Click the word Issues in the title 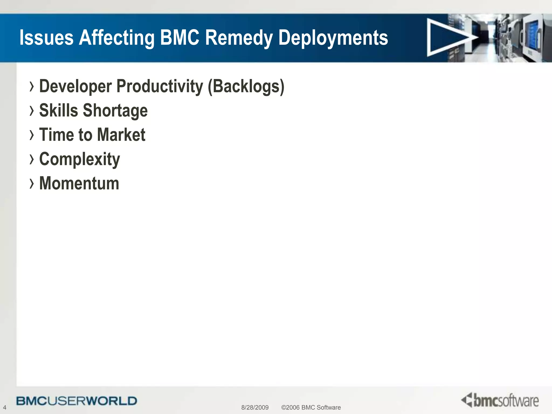tap(46, 37)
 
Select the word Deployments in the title tap(333, 38)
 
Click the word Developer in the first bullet tap(75, 87)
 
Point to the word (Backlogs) tap(246, 87)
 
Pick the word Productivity tap(160, 87)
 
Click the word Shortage tap(115, 111)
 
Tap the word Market tap(121, 134)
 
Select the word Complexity tap(80, 159)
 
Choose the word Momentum tap(79, 183)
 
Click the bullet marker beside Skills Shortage tap(32, 111)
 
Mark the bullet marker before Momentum tap(32, 183)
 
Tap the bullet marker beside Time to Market tap(32, 135)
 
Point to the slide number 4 tap(5, 407)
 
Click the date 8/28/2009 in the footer tap(255, 407)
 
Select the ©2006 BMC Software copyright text tap(311, 407)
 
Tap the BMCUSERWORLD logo tap(77, 401)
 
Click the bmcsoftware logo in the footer tap(500, 400)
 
